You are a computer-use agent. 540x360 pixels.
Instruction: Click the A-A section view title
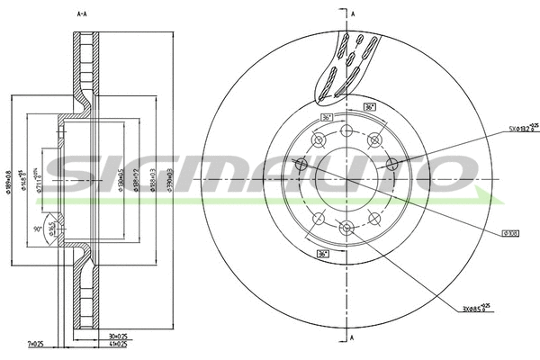click(x=82, y=14)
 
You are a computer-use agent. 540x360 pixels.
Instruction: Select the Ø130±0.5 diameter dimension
click(x=120, y=180)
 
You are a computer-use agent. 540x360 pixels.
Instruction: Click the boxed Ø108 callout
click(x=508, y=232)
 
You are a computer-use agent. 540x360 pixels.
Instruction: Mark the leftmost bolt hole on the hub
click(x=301, y=164)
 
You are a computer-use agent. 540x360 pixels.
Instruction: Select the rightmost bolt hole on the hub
click(x=391, y=164)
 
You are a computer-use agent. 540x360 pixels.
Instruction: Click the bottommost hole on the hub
click(x=346, y=227)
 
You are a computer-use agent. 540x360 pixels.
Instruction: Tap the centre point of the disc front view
click(x=346, y=178)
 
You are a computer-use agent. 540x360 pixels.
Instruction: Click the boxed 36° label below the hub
click(x=323, y=254)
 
